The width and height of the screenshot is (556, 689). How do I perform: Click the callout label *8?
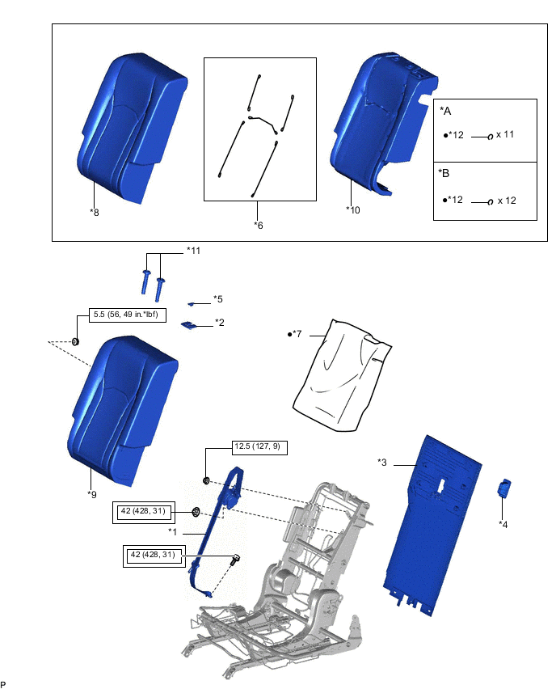coord(95,212)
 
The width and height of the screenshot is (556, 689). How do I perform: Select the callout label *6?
coord(259,225)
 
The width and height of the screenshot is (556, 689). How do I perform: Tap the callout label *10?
coord(352,209)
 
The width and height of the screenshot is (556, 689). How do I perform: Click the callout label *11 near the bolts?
coord(193,251)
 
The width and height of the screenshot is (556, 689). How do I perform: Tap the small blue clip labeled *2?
coord(191,324)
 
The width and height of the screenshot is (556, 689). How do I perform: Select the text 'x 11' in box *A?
coord(505,134)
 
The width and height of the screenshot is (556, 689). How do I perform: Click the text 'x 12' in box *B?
coord(508,200)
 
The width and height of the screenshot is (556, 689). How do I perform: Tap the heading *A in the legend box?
coord(445,111)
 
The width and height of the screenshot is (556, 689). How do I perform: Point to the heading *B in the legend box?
coord(445,173)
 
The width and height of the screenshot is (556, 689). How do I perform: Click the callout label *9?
coord(93,492)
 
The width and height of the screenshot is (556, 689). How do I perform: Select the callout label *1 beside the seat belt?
coord(172,531)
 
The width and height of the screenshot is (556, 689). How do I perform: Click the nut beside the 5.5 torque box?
coord(75,341)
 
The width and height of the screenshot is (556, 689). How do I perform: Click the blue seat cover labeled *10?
coord(380,121)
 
